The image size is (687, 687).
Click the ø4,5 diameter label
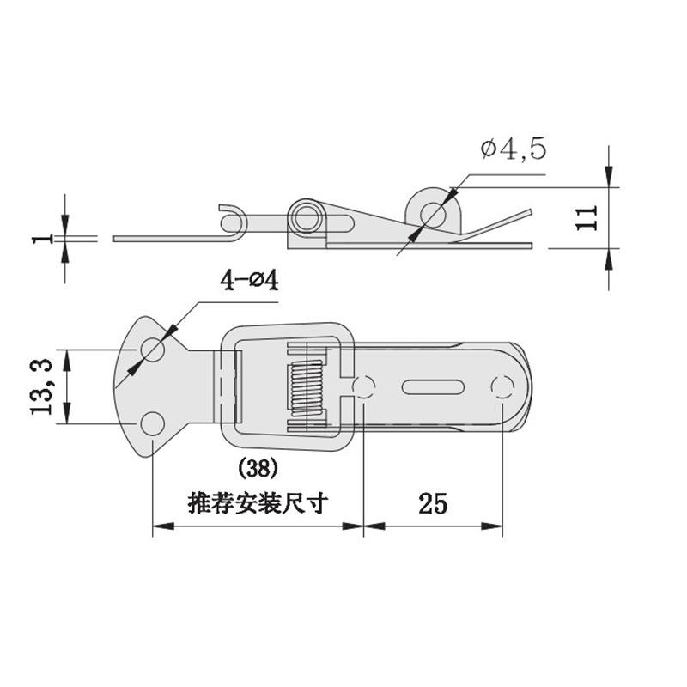click(514, 149)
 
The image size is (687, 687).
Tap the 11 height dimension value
click(587, 218)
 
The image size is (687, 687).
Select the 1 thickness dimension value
click(41, 240)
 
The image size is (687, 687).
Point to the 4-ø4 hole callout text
click(249, 281)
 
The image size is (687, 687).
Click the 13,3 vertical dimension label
click(41, 387)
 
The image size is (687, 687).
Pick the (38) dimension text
click(258, 469)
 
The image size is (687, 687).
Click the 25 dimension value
click(433, 504)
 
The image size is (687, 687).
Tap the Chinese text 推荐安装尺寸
click(258, 504)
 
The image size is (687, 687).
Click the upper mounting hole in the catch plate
click(153, 350)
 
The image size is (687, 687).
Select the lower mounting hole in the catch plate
click(153, 423)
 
